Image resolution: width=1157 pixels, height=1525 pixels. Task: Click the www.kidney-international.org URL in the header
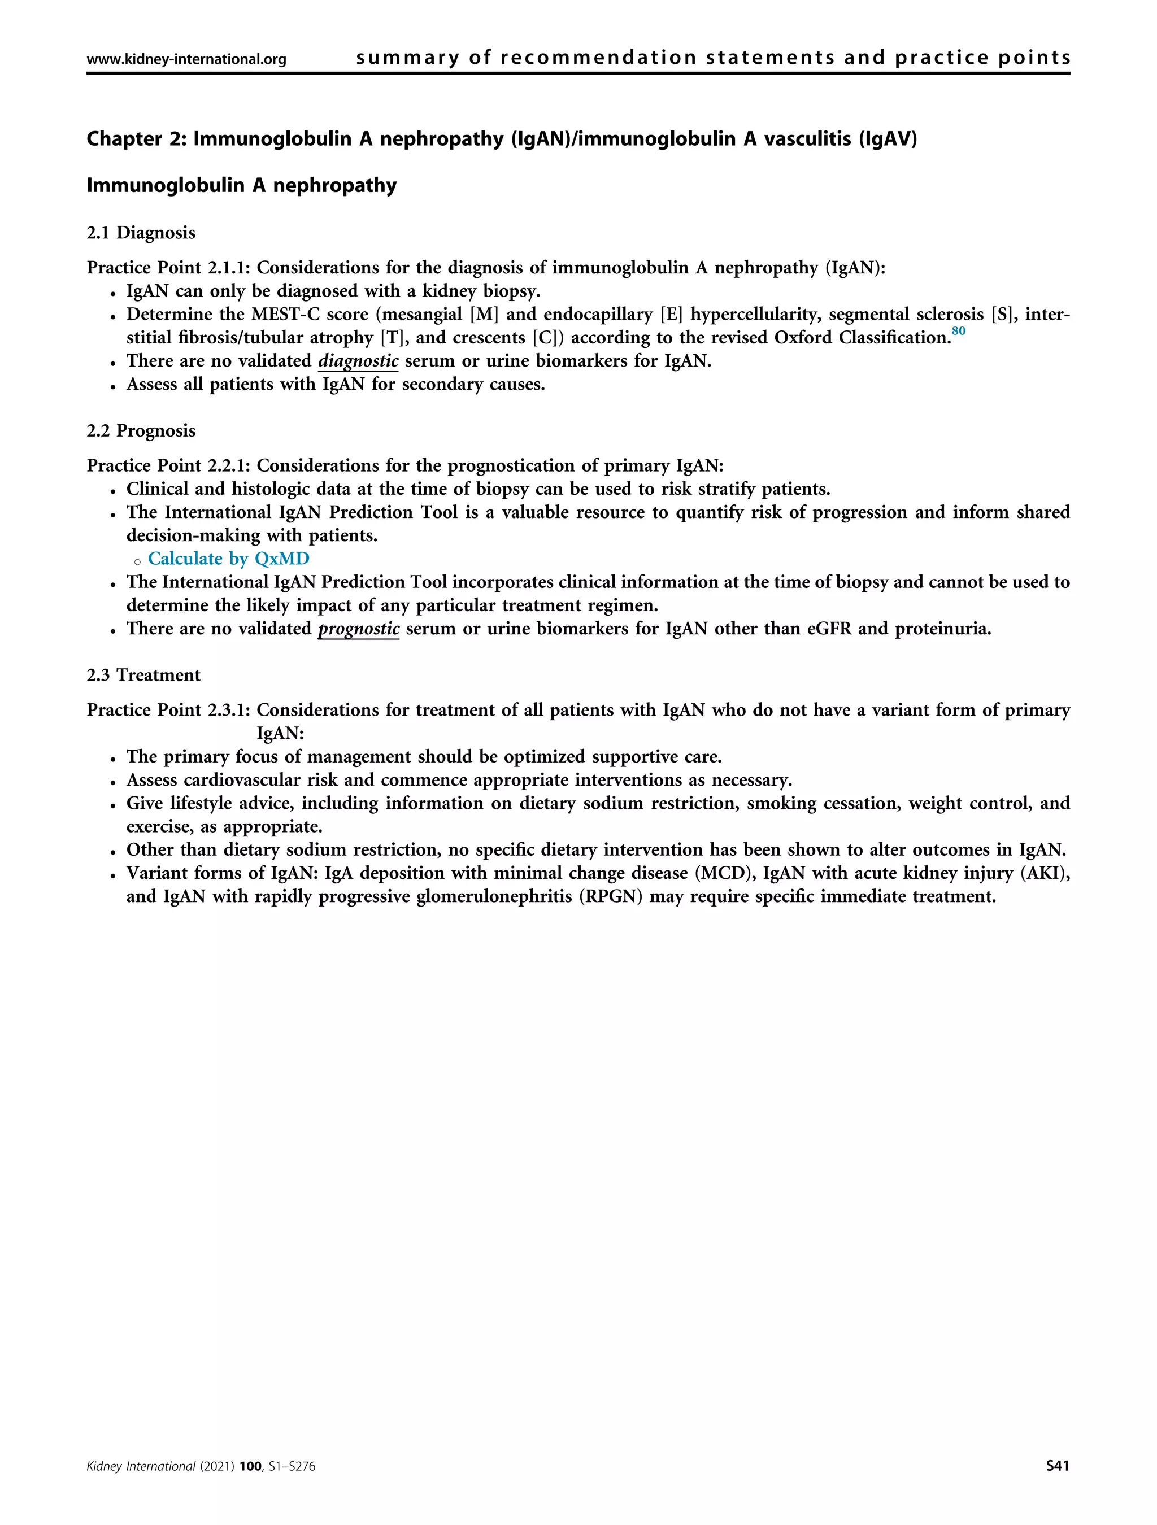(186, 59)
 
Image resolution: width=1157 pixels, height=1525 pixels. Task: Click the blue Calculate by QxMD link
(228, 559)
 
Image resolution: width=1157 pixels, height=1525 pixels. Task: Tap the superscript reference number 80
(958, 331)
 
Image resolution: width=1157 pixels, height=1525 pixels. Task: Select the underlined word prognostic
(359, 628)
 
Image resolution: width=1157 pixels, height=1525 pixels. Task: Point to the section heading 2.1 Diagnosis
(141, 233)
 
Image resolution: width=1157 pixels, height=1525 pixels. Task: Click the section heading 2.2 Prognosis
(141, 431)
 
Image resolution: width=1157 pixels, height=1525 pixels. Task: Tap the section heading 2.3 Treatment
(143, 675)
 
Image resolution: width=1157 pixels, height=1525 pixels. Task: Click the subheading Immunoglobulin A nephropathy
(241, 185)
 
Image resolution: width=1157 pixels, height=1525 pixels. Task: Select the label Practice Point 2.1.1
(168, 268)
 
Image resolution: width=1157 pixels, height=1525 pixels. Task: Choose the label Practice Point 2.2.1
(168, 465)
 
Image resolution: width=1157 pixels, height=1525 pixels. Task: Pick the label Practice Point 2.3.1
(168, 710)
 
